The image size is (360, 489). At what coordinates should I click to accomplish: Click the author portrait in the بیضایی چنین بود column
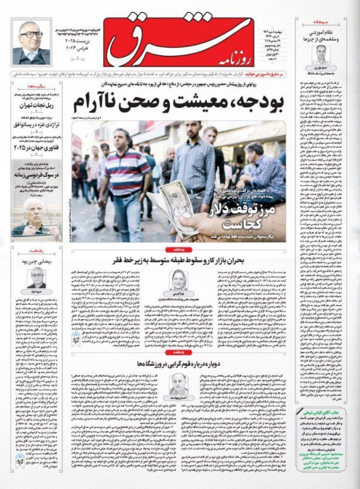(37, 277)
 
